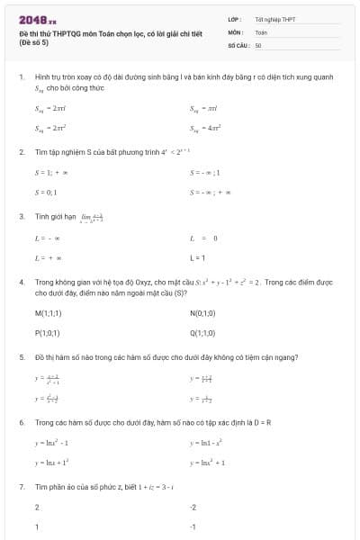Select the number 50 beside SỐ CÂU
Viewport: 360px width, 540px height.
[258, 44]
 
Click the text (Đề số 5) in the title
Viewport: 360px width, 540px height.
[32, 43]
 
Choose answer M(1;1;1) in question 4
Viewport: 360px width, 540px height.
[48, 313]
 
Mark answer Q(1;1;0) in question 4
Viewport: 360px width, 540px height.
[202, 331]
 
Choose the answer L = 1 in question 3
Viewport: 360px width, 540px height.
[197, 257]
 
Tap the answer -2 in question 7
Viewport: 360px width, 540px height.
[193, 508]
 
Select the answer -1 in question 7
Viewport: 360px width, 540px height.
[193, 526]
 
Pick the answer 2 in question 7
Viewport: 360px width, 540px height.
[37, 508]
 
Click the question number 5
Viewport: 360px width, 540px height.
[21, 356]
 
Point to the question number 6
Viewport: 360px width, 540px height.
[21, 422]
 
